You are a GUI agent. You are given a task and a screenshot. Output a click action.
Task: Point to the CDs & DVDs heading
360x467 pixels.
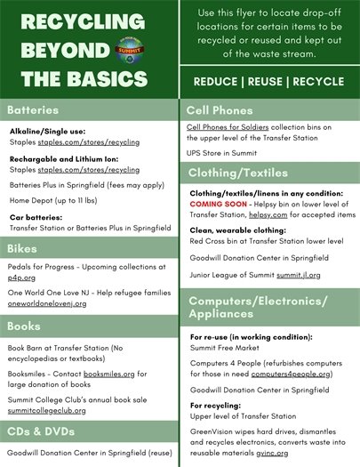[40, 432]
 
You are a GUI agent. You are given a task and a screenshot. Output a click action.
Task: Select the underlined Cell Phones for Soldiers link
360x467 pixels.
[229, 127]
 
